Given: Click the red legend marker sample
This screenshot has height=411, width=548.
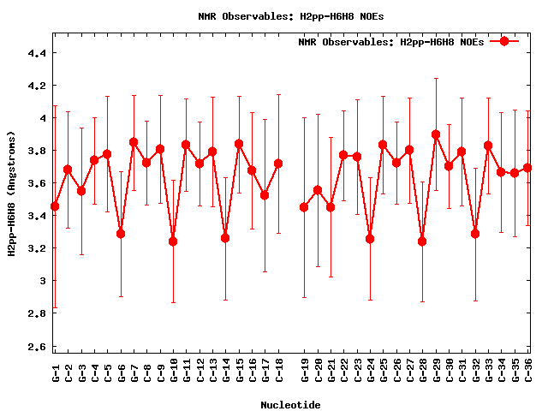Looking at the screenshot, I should (504, 41).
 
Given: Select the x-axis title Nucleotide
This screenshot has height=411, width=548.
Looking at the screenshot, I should (291, 405).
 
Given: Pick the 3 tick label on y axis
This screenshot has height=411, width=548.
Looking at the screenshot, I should (42, 281).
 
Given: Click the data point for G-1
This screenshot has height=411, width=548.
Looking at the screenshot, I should (55, 206).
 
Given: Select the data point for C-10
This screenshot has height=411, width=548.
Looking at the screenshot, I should (173, 241).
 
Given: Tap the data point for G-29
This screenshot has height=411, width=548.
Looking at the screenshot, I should (436, 134).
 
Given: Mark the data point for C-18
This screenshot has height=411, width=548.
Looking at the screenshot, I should (278, 164).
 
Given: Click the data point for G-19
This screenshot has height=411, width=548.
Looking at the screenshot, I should (304, 207).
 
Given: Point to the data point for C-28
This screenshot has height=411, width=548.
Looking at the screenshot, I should (422, 241).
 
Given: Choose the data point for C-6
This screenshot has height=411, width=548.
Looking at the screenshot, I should (121, 234).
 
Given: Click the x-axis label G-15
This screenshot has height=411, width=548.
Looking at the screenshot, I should (239, 370).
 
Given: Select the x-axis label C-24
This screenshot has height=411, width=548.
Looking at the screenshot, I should (370, 370).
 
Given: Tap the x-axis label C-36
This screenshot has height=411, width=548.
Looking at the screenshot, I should (527, 370).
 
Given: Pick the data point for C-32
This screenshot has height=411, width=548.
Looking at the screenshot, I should (475, 234).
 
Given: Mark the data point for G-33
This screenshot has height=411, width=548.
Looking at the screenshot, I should (488, 146).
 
